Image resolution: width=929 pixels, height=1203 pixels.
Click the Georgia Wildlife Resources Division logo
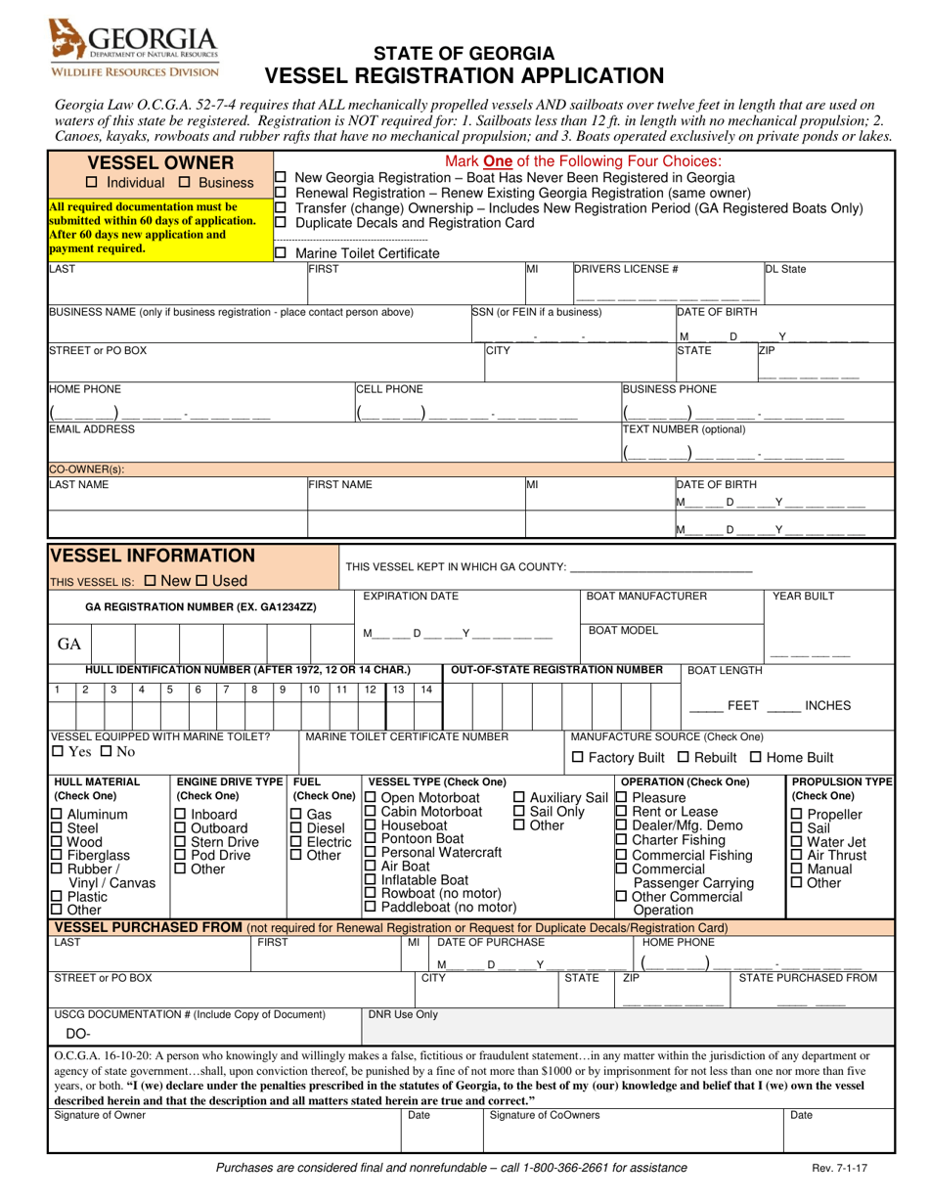pos(135,49)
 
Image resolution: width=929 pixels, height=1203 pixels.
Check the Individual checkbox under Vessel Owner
pos(92,183)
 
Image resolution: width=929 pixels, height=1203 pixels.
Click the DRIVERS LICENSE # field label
pos(625,269)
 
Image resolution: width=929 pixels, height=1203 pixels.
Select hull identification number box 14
pos(425,690)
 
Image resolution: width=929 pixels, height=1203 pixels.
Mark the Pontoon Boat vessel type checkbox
pos(370,838)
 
